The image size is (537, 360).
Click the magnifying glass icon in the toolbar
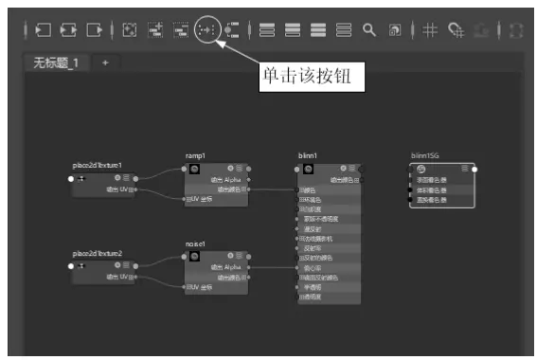click(369, 29)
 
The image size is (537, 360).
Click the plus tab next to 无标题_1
click(105, 63)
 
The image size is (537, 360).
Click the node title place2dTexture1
click(98, 165)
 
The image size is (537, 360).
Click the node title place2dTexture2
click(98, 254)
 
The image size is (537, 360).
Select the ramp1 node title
click(196, 154)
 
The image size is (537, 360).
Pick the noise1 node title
click(196, 244)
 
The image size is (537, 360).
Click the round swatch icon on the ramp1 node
click(193, 168)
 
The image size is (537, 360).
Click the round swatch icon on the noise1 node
click(193, 258)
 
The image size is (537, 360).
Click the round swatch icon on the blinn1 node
click(308, 169)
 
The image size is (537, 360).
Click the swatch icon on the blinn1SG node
click(420, 169)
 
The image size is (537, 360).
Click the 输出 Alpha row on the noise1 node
click(223, 268)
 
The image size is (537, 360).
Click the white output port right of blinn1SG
click(475, 169)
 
